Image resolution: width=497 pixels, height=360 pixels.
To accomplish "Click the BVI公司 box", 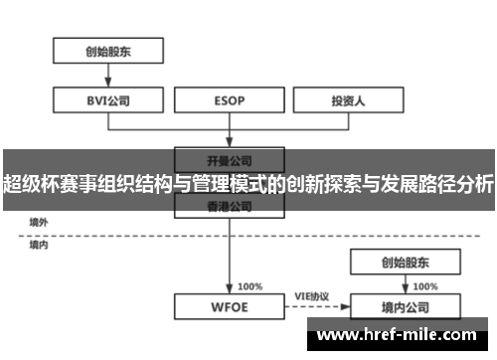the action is (107, 100).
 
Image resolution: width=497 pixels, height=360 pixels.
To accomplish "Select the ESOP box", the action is (230, 100).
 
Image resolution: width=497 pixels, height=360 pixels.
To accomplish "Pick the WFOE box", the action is (230, 307).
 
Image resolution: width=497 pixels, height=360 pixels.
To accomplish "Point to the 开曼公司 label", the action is (230, 158).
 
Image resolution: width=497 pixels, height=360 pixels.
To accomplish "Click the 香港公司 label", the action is (230, 207).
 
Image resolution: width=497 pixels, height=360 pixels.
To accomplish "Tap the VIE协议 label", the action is (311, 295).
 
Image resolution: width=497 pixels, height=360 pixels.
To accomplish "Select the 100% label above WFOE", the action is (250, 286).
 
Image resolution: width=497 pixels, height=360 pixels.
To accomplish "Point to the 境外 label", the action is (38, 222).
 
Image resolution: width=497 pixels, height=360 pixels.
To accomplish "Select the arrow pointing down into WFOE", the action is (230, 259).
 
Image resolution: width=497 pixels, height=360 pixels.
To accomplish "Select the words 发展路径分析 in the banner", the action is (438, 184).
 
